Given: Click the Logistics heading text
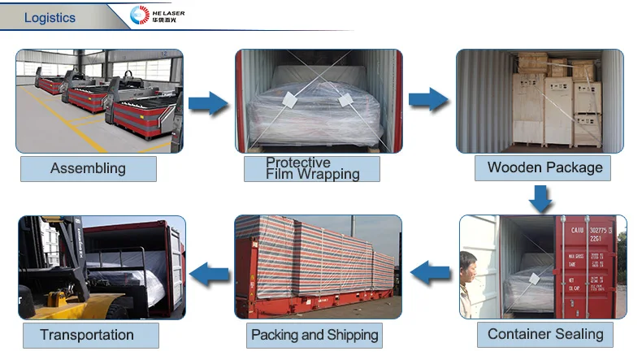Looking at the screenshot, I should coord(50,17).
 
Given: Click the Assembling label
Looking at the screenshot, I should coord(88,168).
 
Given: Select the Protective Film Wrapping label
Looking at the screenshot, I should coord(312,168).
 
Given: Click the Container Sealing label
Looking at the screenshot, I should coord(545,333).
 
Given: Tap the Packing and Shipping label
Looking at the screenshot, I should coord(314,334).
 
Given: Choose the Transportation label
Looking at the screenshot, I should coord(87,334).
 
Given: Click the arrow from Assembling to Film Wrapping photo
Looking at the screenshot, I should coord(208,103).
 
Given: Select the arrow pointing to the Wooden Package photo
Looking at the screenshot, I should coord(427,100).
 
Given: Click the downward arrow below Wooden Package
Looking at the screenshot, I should coord(540,197).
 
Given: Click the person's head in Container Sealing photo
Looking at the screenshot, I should coord(467,262).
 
